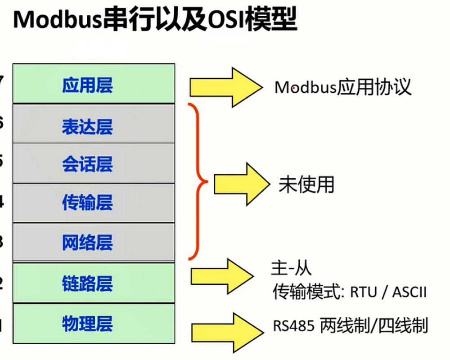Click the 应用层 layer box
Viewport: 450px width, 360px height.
(x=94, y=84)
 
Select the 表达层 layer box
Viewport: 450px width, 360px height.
(x=94, y=124)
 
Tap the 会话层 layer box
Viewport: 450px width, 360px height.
(x=94, y=163)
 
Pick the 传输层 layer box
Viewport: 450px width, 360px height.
(x=94, y=203)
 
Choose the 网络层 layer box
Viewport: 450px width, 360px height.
(x=94, y=242)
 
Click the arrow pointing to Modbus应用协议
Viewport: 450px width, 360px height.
(x=225, y=87)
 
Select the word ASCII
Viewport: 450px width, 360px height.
(x=409, y=293)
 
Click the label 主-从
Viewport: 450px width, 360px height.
(x=291, y=269)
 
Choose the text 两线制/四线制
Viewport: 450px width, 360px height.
(x=373, y=325)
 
